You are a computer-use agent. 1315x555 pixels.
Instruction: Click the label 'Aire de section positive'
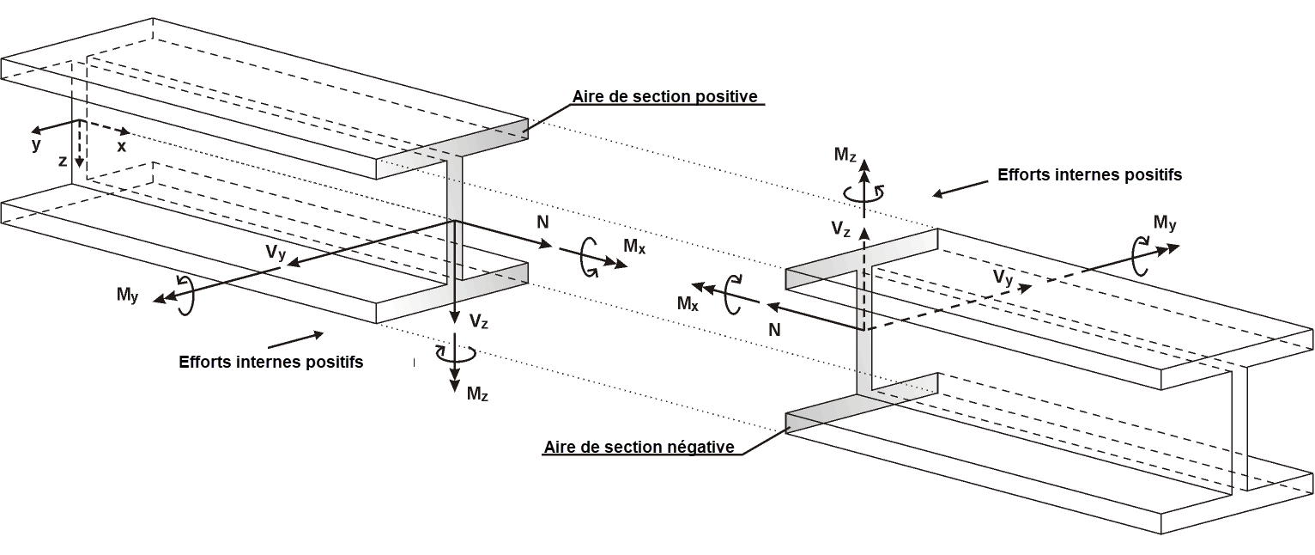pyautogui.click(x=665, y=96)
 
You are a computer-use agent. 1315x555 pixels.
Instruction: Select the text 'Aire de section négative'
pyautogui.click(x=639, y=447)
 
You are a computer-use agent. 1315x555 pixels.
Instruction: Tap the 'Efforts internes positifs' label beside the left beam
pyautogui.click(x=270, y=362)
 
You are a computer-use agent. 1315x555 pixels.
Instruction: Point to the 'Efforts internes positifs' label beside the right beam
pyautogui.click(x=1089, y=174)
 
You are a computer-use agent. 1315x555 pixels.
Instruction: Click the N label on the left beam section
pyautogui.click(x=542, y=222)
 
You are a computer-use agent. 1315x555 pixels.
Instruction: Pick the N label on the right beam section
pyautogui.click(x=775, y=329)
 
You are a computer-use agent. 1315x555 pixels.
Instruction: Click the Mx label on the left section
pyautogui.click(x=634, y=247)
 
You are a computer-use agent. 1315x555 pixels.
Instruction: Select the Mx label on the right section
pyautogui.click(x=688, y=302)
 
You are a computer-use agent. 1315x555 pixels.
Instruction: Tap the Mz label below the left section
pyautogui.click(x=478, y=394)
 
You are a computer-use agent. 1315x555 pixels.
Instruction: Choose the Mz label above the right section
pyautogui.click(x=845, y=154)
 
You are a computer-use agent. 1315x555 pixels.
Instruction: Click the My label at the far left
pyautogui.click(x=128, y=295)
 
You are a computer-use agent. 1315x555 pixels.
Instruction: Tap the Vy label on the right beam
pyautogui.click(x=1003, y=277)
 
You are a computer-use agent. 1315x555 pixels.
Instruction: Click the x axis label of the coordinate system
pyautogui.click(x=122, y=147)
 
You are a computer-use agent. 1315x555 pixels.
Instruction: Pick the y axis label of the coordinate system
pyautogui.click(x=36, y=144)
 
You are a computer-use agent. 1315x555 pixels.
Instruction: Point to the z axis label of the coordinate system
pyautogui.click(x=64, y=162)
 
